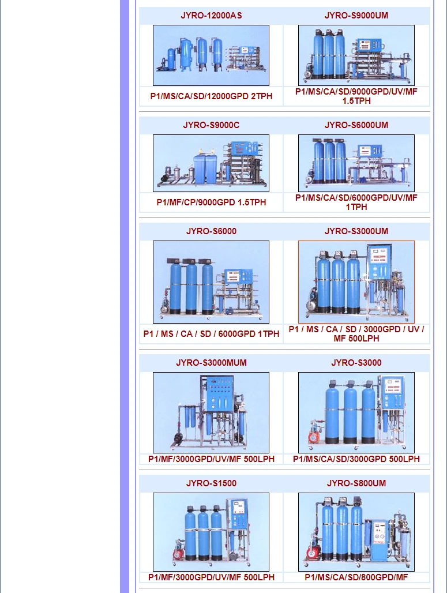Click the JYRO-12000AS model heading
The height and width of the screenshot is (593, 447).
click(211, 16)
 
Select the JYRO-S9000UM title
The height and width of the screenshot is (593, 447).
click(356, 16)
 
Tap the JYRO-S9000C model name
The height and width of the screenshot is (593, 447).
click(211, 125)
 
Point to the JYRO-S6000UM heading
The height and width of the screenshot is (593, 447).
click(356, 125)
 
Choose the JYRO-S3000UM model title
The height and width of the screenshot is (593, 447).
click(356, 231)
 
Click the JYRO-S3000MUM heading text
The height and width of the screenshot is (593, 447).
click(211, 363)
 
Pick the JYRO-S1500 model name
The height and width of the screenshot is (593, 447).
click(211, 483)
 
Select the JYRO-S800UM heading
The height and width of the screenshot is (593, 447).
click(356, 483)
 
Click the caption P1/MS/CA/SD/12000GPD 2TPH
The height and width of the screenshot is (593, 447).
click(211, 96)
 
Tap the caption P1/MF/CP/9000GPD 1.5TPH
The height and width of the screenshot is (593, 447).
click(211, 202)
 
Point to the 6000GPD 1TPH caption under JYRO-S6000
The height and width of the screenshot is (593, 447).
click(211, 334)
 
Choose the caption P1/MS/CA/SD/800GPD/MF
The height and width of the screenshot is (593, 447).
click(356, 577)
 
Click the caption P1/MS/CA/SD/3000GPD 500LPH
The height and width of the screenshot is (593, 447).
click(356, 459)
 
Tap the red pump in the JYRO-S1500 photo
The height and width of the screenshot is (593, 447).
click(179, 554)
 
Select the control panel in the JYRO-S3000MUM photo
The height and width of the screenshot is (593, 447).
click(217, 394)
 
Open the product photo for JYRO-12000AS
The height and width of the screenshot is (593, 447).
click(211, 55)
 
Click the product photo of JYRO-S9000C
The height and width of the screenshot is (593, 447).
click(211, 163)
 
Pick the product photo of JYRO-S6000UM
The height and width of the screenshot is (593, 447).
click(356, 163)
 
